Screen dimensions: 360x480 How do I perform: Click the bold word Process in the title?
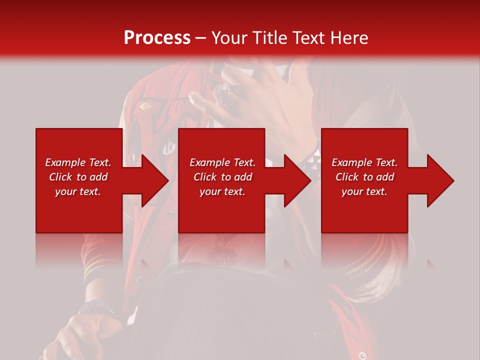tap(157, 38)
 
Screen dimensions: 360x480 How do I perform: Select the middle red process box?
tap(221, 210)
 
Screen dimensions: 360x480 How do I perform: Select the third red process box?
tap(364, 210)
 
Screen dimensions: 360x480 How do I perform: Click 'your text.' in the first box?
tap(78, 191)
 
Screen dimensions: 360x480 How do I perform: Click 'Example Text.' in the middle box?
tap(222, 162)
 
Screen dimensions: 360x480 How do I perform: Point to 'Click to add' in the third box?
tap(364, 177)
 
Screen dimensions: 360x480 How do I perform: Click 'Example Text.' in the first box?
tap(78, 162)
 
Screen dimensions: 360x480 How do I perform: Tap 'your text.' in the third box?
tap(364, 191)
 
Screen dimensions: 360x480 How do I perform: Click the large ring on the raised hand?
tap(223, 92)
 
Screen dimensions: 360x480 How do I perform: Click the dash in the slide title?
tap(201, 38)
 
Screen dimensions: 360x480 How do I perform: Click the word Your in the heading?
tap(229, 38)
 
